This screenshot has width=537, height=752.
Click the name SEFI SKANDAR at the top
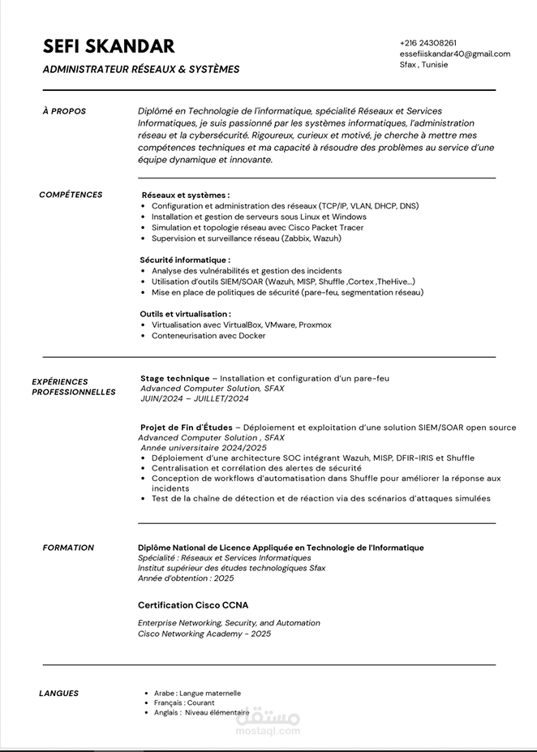coord(109,45)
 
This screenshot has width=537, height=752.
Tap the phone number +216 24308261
coord(427,43)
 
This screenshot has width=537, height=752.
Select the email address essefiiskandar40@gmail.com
coord(454,54)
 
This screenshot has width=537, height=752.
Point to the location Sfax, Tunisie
coord(423,64)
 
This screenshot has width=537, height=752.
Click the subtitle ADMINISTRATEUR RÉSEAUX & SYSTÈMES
coord(141,70)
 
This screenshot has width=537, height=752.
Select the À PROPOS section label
coord(64,111)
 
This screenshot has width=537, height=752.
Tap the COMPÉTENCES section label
coord(71,195)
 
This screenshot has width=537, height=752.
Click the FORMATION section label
coord(68,548)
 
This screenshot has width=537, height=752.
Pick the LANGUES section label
coord(59,693)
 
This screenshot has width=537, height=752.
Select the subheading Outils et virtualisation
coord(185,314)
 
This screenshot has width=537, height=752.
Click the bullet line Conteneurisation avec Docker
coord(208,336)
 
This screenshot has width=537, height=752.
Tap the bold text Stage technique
coord(174,378)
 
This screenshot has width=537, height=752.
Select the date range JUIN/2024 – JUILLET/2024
coord(195,398)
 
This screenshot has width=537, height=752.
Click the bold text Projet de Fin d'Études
coord(187,428)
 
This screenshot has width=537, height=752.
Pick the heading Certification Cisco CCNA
coord(193,605)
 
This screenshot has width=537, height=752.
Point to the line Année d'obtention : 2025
coord(186,578)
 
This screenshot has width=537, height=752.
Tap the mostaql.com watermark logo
coord(268,722)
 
